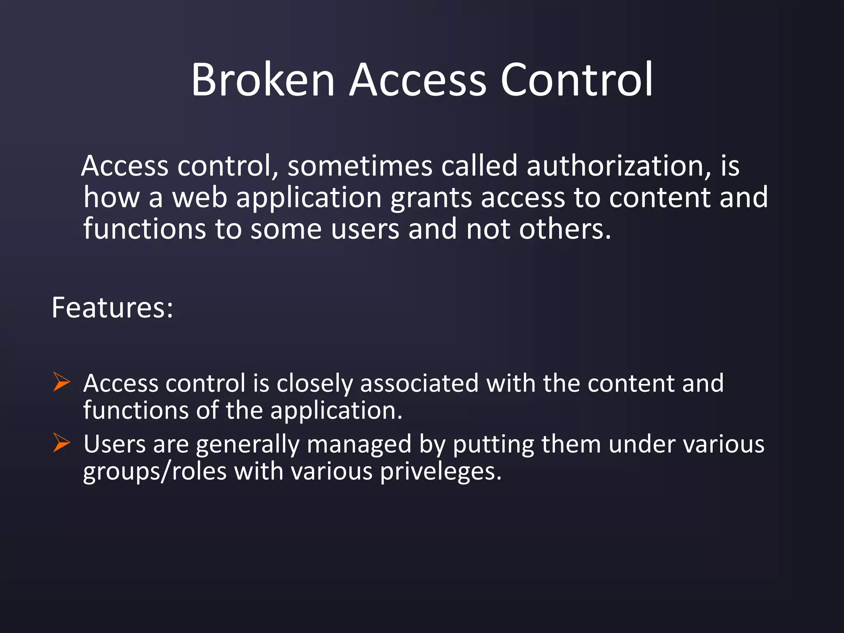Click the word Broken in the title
[263, 80]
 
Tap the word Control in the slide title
[577, 80]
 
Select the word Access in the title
[418, 80]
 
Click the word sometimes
[360, 166]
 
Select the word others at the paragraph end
[565, 229]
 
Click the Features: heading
[113, 308]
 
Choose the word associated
[419, 383]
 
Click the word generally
[248, 445]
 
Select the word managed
[359, 445]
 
